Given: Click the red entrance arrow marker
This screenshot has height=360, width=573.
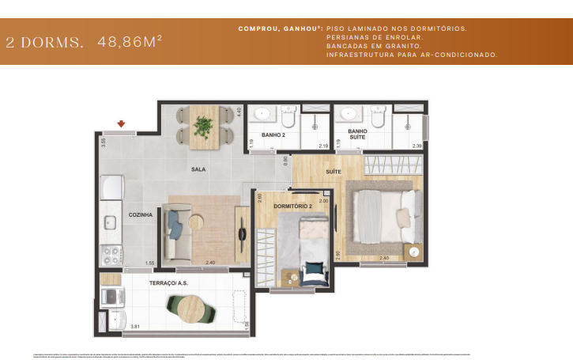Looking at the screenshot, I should point(121,123).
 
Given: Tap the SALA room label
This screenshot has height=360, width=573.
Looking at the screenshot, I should point(198,169).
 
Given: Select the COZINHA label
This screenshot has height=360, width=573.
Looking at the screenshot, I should point(141,214).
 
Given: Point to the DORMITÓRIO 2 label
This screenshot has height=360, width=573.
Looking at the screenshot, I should point(293,207).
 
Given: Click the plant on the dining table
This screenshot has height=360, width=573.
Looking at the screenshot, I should point(204,125).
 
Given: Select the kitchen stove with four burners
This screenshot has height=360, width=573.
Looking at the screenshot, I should point(110,256).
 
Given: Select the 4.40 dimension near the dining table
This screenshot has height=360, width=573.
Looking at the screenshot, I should point(239,112).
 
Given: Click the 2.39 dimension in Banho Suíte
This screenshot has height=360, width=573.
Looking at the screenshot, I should point(417,146).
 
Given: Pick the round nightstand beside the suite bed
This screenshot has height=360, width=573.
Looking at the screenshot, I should point(413,251).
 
